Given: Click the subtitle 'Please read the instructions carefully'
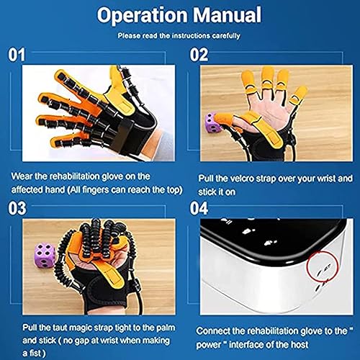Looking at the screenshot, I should [x=180, y=35].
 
